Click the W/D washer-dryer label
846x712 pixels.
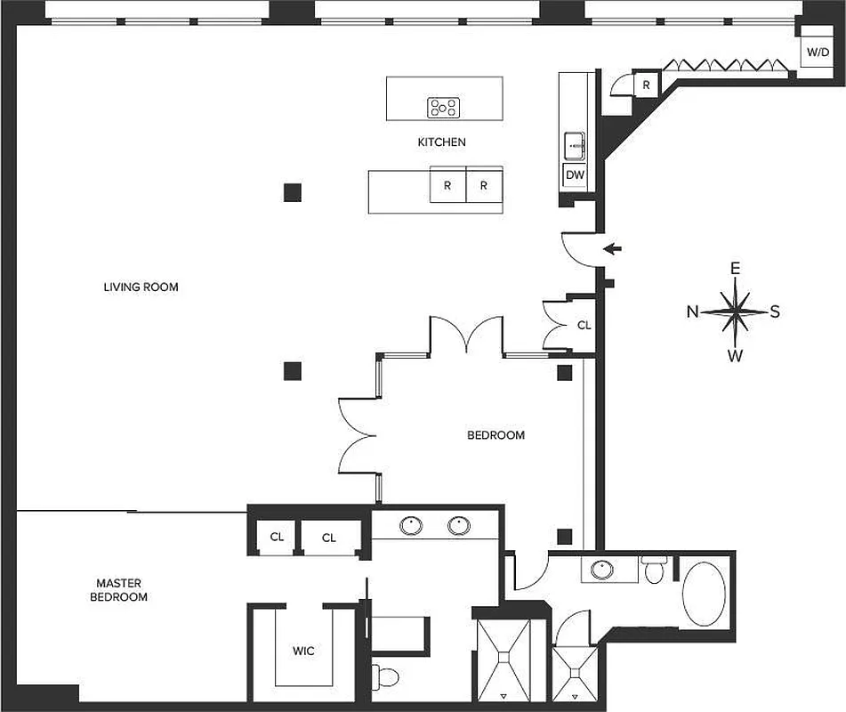tap(816, 53)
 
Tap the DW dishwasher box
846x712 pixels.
tap(575, 175)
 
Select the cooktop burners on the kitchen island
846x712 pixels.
tap(443, 108)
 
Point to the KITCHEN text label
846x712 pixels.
tap(441, 142)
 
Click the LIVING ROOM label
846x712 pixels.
tap(141, 287)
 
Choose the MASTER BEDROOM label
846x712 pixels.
tap(118, 590)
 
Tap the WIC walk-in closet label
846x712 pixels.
tap(303, 651)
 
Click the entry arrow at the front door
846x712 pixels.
tap(612, 248)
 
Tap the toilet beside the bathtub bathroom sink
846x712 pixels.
tap(656, 570)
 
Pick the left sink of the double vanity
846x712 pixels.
tap(411, 526)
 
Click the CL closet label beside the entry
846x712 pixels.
tap(584, 326)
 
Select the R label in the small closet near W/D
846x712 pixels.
tap(646, 85)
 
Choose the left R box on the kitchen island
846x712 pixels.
tap(447, 186)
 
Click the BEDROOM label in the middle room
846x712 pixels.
tap(496, 435)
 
